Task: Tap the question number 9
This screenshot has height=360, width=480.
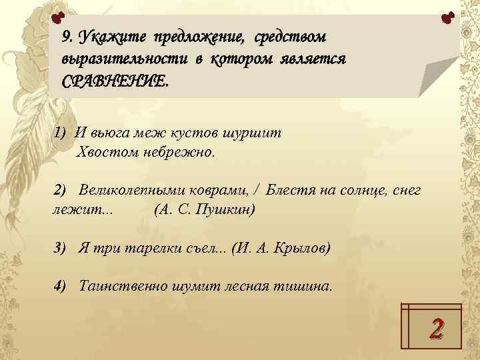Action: click(x=67, y=35)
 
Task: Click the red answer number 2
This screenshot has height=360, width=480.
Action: click(x=436, y=327)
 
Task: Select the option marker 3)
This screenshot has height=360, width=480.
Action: click(x=61, y=248)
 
